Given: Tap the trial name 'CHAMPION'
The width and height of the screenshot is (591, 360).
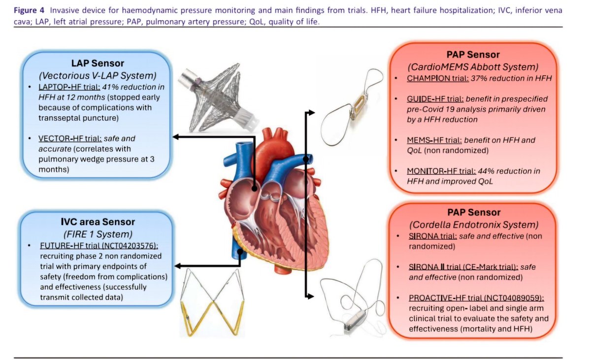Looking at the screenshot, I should pyautogui.click(x=427, y=78).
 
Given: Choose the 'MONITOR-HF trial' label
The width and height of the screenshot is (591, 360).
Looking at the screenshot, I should pyautogui.click(x=441, y=171).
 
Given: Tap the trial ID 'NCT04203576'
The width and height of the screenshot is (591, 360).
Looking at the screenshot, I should pyautogui.click(x=132, y=246).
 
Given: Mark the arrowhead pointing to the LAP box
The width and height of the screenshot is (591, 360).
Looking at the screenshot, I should pyautogui.click(x=175, y=137).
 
